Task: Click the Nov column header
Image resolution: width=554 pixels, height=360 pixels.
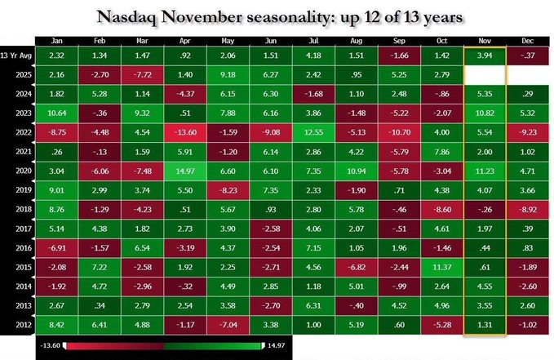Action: (x=484, y=40)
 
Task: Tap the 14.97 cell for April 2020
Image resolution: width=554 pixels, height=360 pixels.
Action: (x=185, y=171)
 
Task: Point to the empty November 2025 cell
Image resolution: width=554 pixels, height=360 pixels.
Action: (x=484, y=73)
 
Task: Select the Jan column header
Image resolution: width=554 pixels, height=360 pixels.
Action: (x=57, y=40)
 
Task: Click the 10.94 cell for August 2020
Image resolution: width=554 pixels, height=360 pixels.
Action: (x=356, y=171)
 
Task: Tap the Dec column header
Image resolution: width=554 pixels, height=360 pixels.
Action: (x=525, y=40)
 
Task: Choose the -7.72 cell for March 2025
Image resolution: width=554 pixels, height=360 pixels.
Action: (x=143, y=73)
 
